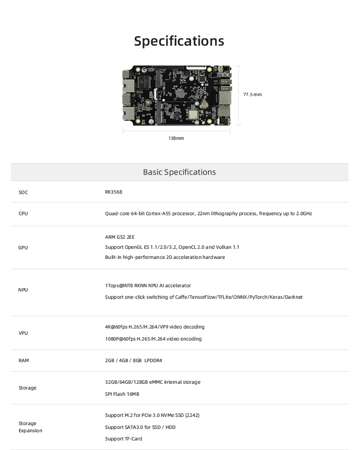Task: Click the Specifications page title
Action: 179,41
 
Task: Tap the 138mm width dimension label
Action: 176,138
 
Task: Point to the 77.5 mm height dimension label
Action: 252,95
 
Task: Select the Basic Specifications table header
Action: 179,172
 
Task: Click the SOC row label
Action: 23,193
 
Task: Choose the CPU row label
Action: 23,213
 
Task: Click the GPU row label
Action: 23,247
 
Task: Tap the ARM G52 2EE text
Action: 120,237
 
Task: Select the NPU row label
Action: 23,290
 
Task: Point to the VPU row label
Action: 23,333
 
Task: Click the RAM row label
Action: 24,360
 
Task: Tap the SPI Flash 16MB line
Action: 122,394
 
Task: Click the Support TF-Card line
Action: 123,438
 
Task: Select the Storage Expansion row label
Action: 30,427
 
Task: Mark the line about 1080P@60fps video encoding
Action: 153,339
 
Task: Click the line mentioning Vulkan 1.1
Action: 172,247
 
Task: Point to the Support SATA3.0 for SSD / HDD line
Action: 140,427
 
